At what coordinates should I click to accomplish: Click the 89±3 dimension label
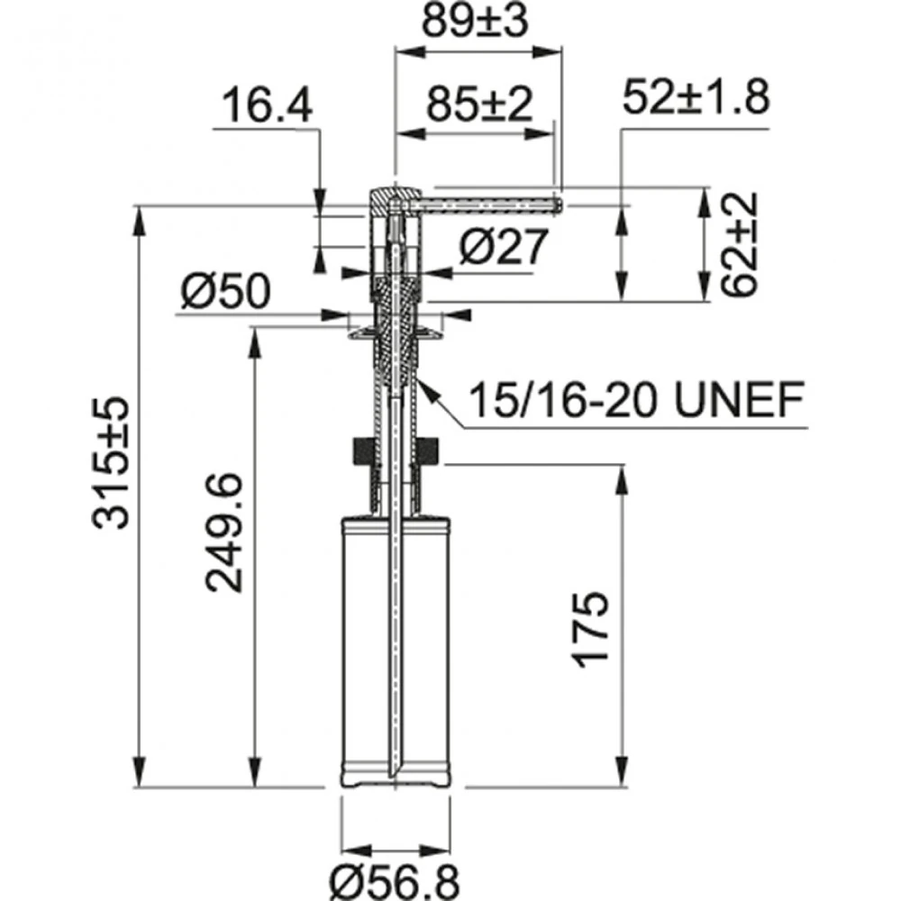coord(478,23)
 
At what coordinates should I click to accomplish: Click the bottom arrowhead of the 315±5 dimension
coord(140,777)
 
